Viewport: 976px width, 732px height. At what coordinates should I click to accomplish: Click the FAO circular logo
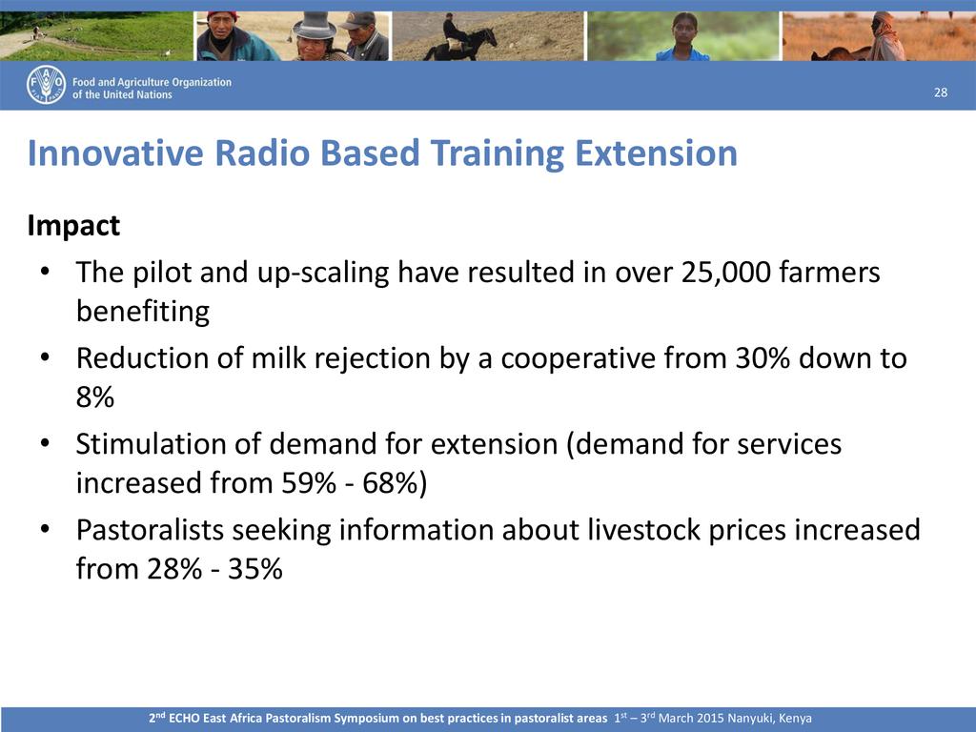pos(46,85)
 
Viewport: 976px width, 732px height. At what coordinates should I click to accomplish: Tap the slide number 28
pos(941,92)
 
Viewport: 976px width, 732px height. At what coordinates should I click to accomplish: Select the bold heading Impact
pos(73,226)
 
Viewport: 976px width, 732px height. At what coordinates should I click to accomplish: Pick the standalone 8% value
pos(95,397)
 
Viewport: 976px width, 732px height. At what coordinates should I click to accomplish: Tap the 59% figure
pos(309,483)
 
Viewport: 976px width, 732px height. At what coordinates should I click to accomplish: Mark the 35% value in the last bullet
pos(255,569)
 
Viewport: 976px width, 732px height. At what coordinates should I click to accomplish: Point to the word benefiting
pos(143,312)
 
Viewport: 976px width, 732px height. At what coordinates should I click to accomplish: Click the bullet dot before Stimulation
pos(44,444)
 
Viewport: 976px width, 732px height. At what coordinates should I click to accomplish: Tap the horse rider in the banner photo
pos(460,37)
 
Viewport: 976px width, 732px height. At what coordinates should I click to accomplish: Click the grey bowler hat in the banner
pos(315,26)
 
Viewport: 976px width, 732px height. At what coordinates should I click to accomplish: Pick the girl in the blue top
pos(682,37)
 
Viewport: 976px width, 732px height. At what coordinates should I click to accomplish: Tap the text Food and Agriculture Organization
pos(152,82)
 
